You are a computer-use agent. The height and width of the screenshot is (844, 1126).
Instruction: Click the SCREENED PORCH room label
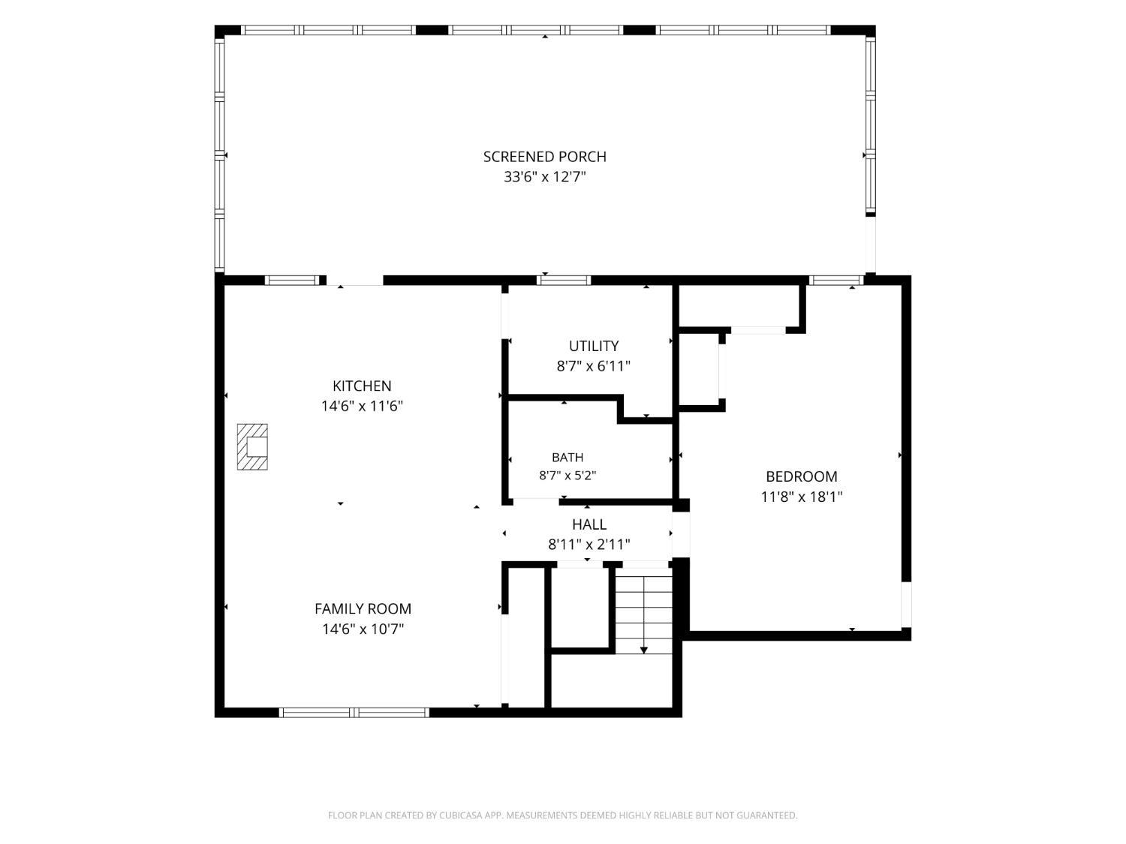(544, 157)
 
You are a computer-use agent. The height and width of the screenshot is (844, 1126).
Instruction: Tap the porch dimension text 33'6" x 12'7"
(544, 177)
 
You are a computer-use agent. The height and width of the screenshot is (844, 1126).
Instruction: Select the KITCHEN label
(362, 386)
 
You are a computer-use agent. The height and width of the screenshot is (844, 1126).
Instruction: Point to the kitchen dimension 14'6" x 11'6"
(362, 407)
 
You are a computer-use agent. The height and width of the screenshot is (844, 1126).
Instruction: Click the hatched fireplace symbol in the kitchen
(252, 446)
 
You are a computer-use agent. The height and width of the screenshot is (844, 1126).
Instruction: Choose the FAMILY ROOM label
(363, 608)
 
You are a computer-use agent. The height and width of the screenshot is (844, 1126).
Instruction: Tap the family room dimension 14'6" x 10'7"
(363, 629)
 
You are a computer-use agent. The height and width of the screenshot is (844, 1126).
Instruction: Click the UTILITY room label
(594, 347)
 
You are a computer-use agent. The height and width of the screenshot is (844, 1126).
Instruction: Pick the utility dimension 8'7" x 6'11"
(594, 366)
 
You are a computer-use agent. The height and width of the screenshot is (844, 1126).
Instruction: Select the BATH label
(568, 457)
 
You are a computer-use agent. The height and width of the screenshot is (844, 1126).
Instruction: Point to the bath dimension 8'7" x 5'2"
(568, 476)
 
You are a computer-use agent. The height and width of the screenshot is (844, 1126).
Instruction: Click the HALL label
(589, 524)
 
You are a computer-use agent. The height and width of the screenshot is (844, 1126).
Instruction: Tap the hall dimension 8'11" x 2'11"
(589, 544)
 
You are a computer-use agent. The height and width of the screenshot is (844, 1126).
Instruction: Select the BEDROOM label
(801, 476)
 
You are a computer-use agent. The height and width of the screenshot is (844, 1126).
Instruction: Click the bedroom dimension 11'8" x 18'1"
(801, 497)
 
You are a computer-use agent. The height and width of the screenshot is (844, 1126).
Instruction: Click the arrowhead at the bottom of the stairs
(644, 650)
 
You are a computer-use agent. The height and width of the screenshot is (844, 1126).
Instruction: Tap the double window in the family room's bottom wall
(354, 712)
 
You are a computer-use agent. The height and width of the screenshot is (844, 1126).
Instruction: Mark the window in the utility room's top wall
(564, 281)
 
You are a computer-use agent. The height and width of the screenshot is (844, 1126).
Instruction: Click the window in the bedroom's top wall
(836, 281)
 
